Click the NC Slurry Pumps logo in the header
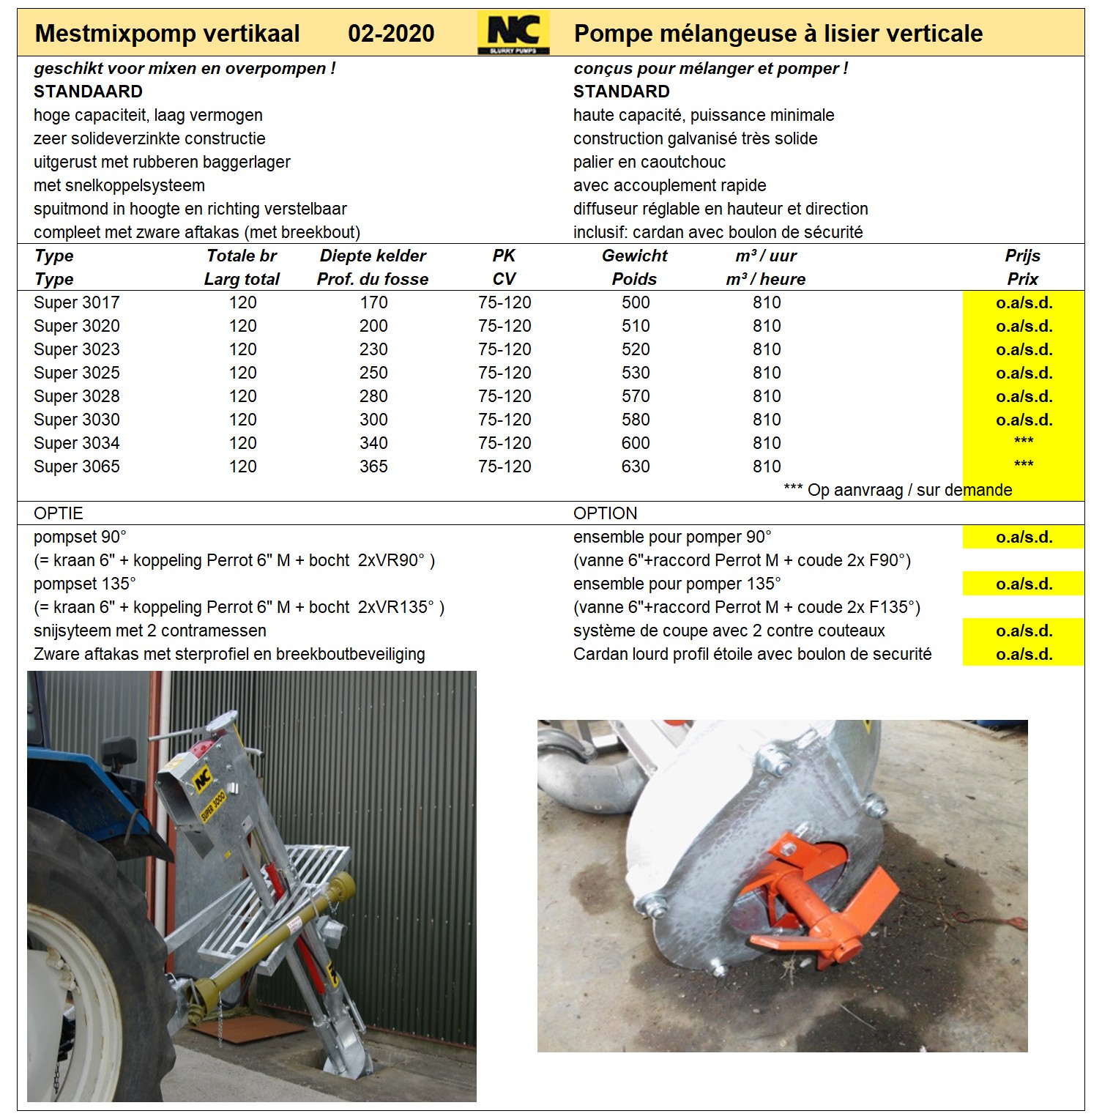click(513, 34)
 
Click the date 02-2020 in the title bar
click(391, 34)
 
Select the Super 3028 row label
click(77, 396)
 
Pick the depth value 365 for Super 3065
click(373, 466)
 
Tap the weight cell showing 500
click(636, 302)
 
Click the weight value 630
click(636, 466)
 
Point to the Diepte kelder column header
click(373, 256)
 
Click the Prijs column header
click(1023, 256)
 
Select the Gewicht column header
click(635, 256)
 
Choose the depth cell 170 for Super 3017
click(373, 302)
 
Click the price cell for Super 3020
click(1024, 326)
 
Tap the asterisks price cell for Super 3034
click(1024, 442)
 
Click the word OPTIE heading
click(59, 513)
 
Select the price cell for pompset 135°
click(1024, 584)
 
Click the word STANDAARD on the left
click(88, 92)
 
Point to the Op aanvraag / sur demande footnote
click(898, 490)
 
